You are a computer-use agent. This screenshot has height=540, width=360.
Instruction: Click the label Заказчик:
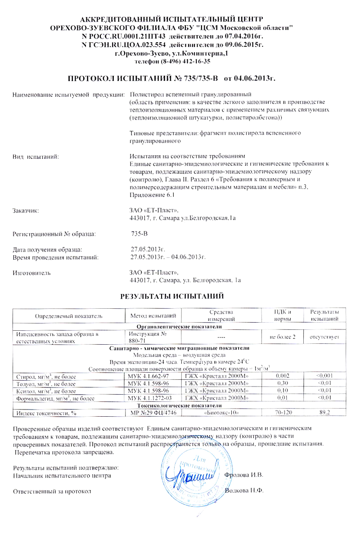(26, 210)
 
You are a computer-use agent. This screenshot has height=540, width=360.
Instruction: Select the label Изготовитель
(31, 273)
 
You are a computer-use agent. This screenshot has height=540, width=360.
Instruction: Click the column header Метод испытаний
(153, 315)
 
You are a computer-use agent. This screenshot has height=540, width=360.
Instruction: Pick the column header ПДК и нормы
(283, 315)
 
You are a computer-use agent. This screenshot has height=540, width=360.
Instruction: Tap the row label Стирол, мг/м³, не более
(46, 376)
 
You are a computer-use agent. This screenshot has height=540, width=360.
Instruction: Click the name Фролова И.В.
(243, 475)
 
